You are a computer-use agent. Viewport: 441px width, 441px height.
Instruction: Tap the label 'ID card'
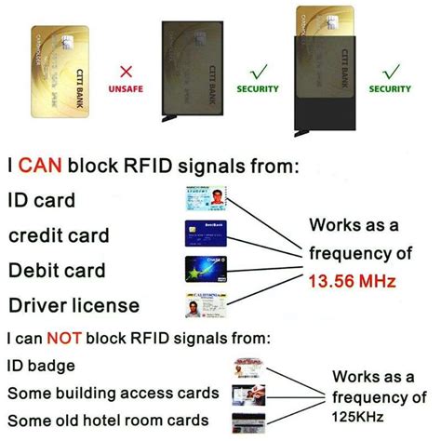pos(43,200)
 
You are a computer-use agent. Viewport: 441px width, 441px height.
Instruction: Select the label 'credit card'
pos(59,235)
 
